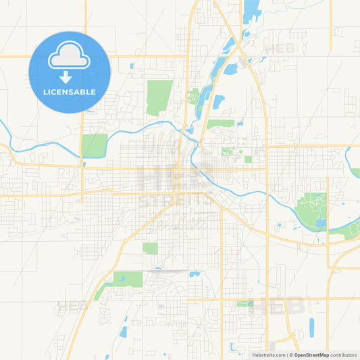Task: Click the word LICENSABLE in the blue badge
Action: (70, 92)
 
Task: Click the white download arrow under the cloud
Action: (66, 77)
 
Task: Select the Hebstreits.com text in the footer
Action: (268, 355)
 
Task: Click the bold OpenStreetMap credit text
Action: (310, 355)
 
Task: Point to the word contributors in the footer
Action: (342, 355)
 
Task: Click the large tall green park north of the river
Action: (159, 97)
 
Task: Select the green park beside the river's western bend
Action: (95, 145)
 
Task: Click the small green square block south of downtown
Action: (150, 248)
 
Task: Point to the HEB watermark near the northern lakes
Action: (279, 49)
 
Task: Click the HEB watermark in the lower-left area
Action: (74, 306)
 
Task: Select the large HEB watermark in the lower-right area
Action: (277, 306)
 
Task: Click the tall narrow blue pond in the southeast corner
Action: (311, 326)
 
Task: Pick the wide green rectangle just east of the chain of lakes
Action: (220, 124)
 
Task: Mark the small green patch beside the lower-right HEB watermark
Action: (245, 303)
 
